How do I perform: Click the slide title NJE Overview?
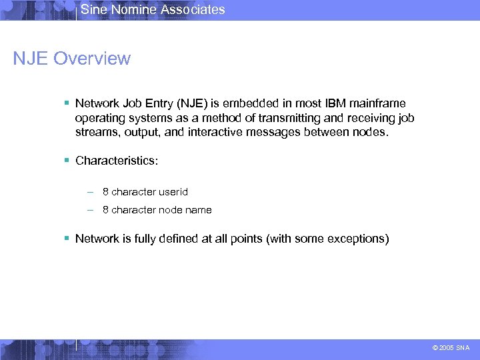[72, 59]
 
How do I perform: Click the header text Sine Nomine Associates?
[153, 9]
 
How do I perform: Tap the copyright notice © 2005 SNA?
[451, 347]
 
